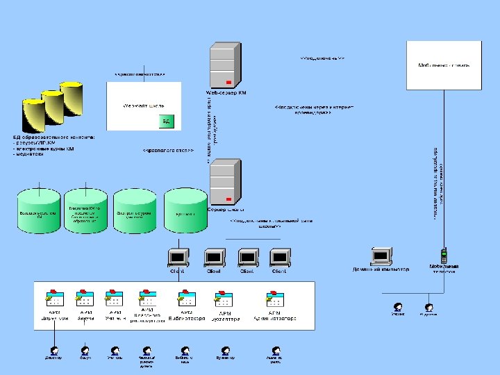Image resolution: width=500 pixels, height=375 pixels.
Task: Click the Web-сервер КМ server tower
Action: [225, 65]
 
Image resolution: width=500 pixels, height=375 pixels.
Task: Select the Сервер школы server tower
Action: [225, 182]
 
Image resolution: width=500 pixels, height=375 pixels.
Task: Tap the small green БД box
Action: [166, 122]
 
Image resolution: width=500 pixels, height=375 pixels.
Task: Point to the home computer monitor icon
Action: [381, 256]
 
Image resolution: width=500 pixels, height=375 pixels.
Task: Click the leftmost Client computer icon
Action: [177, 258]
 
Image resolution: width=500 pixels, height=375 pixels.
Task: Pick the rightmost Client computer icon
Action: [278, 258]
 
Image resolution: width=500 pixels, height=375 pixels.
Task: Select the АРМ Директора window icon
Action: [54, 299]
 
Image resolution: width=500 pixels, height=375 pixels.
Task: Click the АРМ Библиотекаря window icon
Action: [187, 299]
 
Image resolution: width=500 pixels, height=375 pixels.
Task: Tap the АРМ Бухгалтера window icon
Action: [225, 299]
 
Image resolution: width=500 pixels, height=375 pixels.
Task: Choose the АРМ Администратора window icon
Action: [274, 299]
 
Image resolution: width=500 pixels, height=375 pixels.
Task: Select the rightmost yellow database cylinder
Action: [71, 98]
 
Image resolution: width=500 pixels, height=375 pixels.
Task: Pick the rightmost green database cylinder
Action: [185, 210]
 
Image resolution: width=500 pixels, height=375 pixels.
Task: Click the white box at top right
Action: [444, 65]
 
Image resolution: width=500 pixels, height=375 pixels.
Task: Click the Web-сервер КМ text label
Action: [226, 92]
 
